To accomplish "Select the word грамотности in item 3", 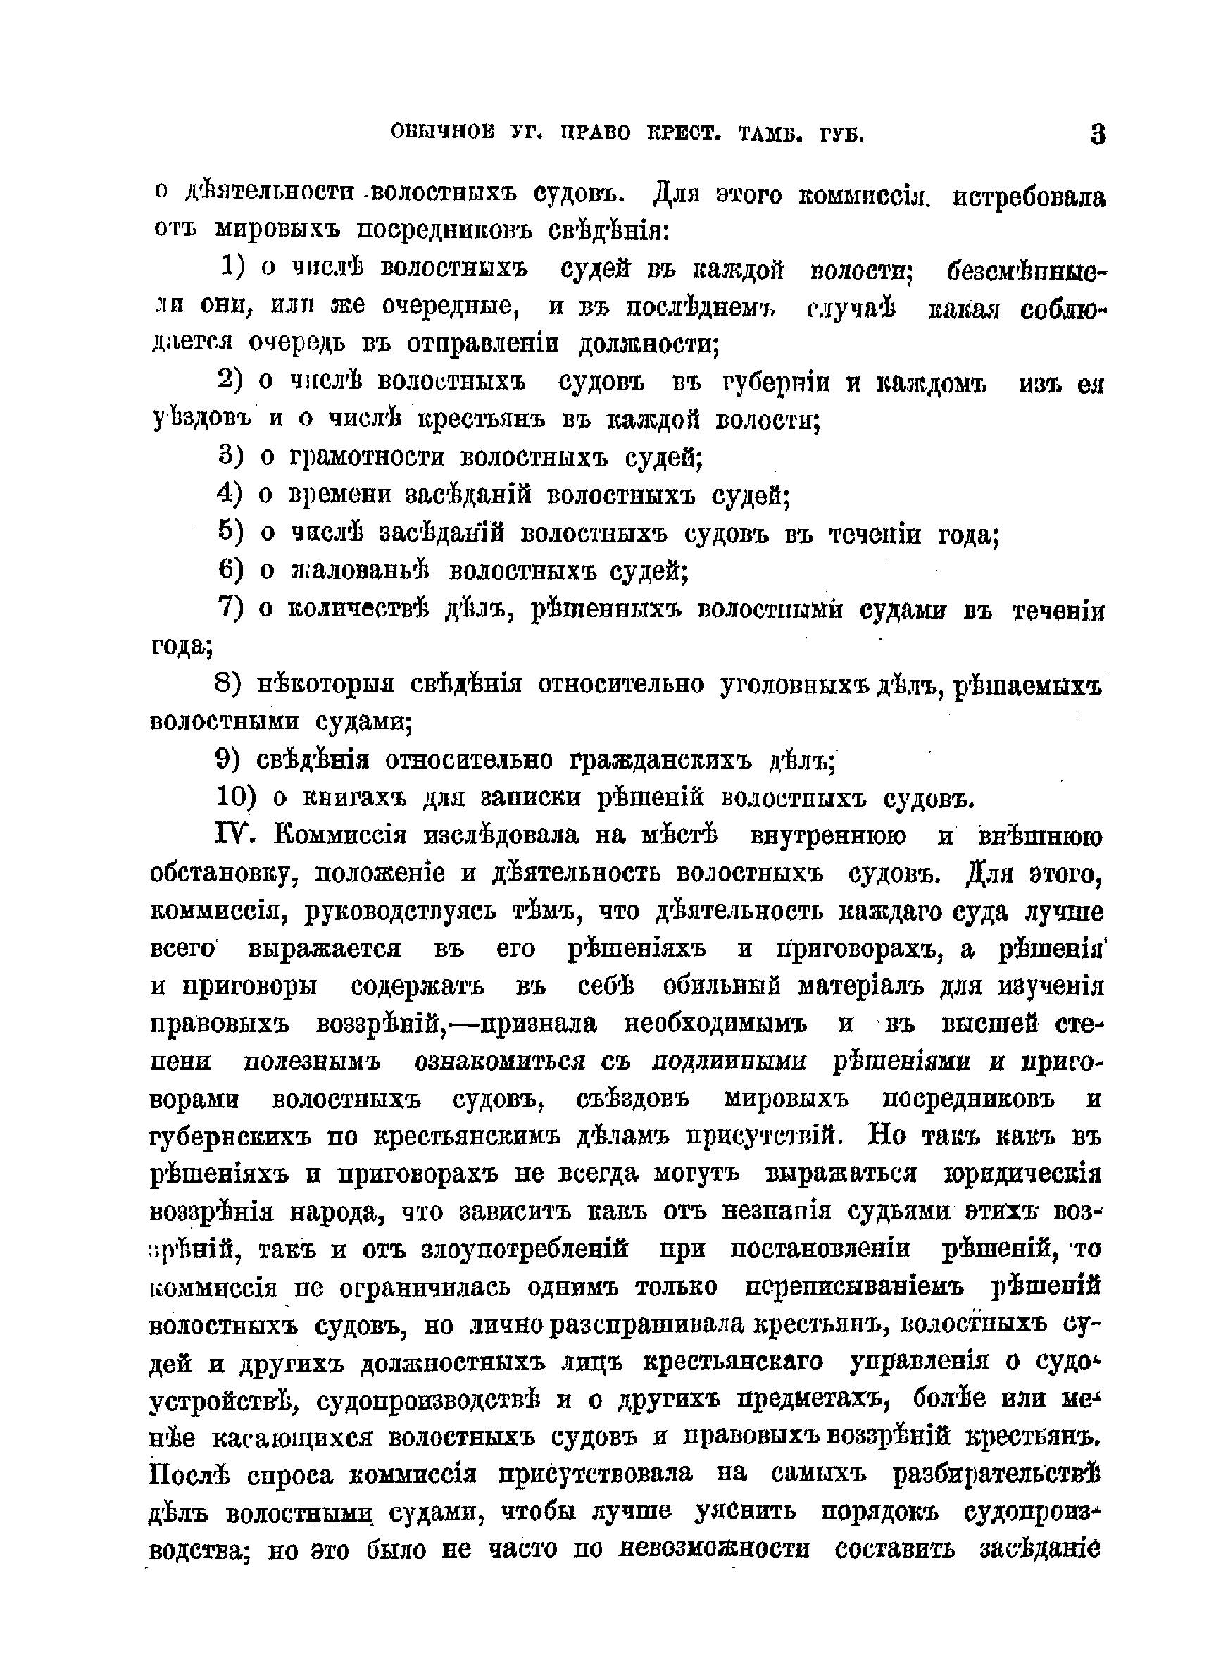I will [x=368, y=456].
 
